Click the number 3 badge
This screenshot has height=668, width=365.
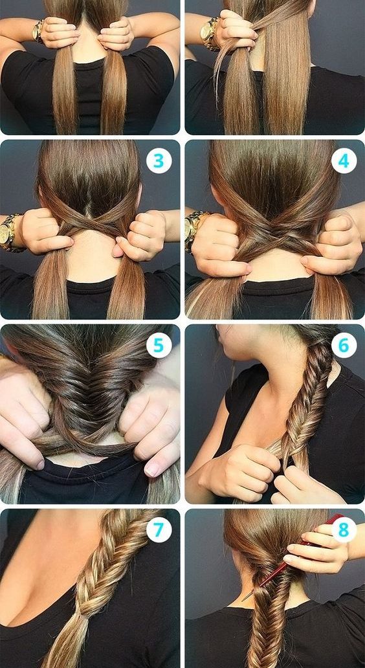pyautogui.click(x=159, y=161)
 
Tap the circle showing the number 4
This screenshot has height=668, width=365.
pyautogui.click(x=343, y=161)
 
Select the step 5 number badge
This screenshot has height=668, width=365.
pyautogui.click(x=159, y=344)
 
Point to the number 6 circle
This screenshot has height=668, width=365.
pyautogui.click(x=343, y=344)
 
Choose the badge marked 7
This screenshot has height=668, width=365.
pyautogui.click(x=159, y=529)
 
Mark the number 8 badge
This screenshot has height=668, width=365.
pyautogui.click(x=343, y=529)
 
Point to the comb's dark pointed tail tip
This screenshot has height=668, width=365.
pyautogui.click(x=243, y=601)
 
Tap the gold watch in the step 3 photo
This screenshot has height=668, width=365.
pyautogui.click(x=9, y=232)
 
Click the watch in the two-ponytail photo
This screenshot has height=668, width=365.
pyautogui.click(x=39, y=30)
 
